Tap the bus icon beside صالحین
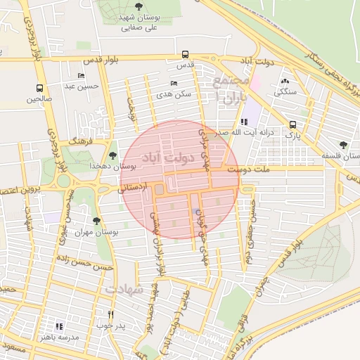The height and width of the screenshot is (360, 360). pos(39,89)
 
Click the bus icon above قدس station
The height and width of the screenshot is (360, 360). pos(185,54)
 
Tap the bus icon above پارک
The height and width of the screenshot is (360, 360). pos(292,122)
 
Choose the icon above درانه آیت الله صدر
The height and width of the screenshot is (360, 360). pos(243,122)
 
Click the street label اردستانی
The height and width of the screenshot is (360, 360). pos(136,188)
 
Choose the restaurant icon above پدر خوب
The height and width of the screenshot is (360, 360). pos(110,314)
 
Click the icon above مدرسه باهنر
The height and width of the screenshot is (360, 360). pos(59,326)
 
